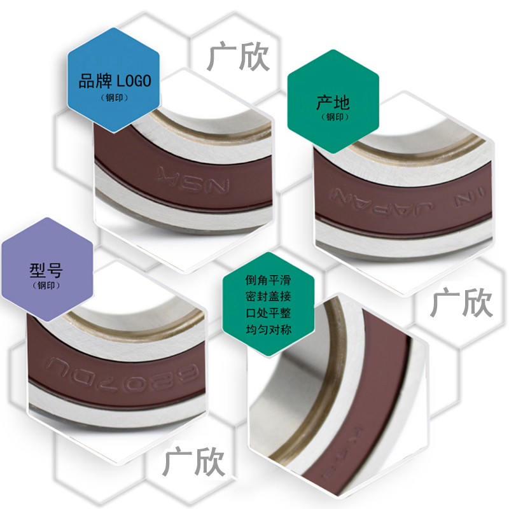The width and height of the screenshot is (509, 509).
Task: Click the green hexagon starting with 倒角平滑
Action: click(x=268, y=305)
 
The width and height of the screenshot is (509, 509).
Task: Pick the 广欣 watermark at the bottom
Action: click(x=194, y=461)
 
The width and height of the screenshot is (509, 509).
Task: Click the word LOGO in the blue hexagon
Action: click(x=134, y=81)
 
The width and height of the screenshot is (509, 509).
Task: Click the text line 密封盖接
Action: click(x=268, y=296)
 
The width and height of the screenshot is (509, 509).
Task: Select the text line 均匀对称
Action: click(x=268, y=330)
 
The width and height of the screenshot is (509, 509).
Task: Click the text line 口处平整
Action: click(x=268, y=313)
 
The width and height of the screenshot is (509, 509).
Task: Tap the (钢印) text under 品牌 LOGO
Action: click(x=114, y=97)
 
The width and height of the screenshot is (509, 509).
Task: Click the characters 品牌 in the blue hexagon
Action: click(x=95, y=81)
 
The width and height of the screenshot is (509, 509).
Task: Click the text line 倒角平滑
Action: click(x=268, y=280)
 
